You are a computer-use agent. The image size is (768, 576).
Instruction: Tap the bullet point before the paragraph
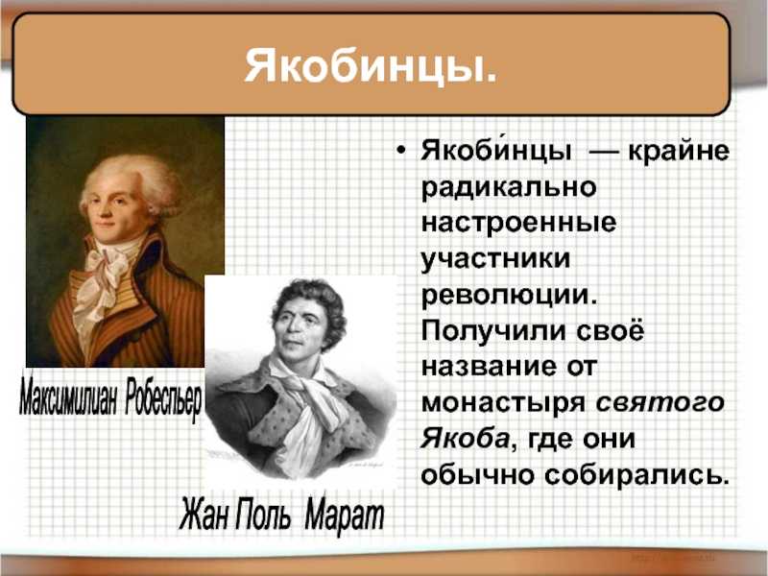pos(401,151)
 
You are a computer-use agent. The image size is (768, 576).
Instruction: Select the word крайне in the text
pos(679,152)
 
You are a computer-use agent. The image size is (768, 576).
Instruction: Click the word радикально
pos(509,186)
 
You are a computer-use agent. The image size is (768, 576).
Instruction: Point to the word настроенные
pos(518,223)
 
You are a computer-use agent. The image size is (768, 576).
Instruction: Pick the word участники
pos(495,258)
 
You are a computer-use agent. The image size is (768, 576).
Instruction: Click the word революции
pos(510,295)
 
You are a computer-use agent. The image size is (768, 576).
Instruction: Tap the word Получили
pos(493,331)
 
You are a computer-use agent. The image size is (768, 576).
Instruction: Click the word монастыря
pos(503,403)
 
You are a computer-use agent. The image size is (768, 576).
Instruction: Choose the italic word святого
pos(660,402)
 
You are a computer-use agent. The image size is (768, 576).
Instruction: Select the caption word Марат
pos(345,515)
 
